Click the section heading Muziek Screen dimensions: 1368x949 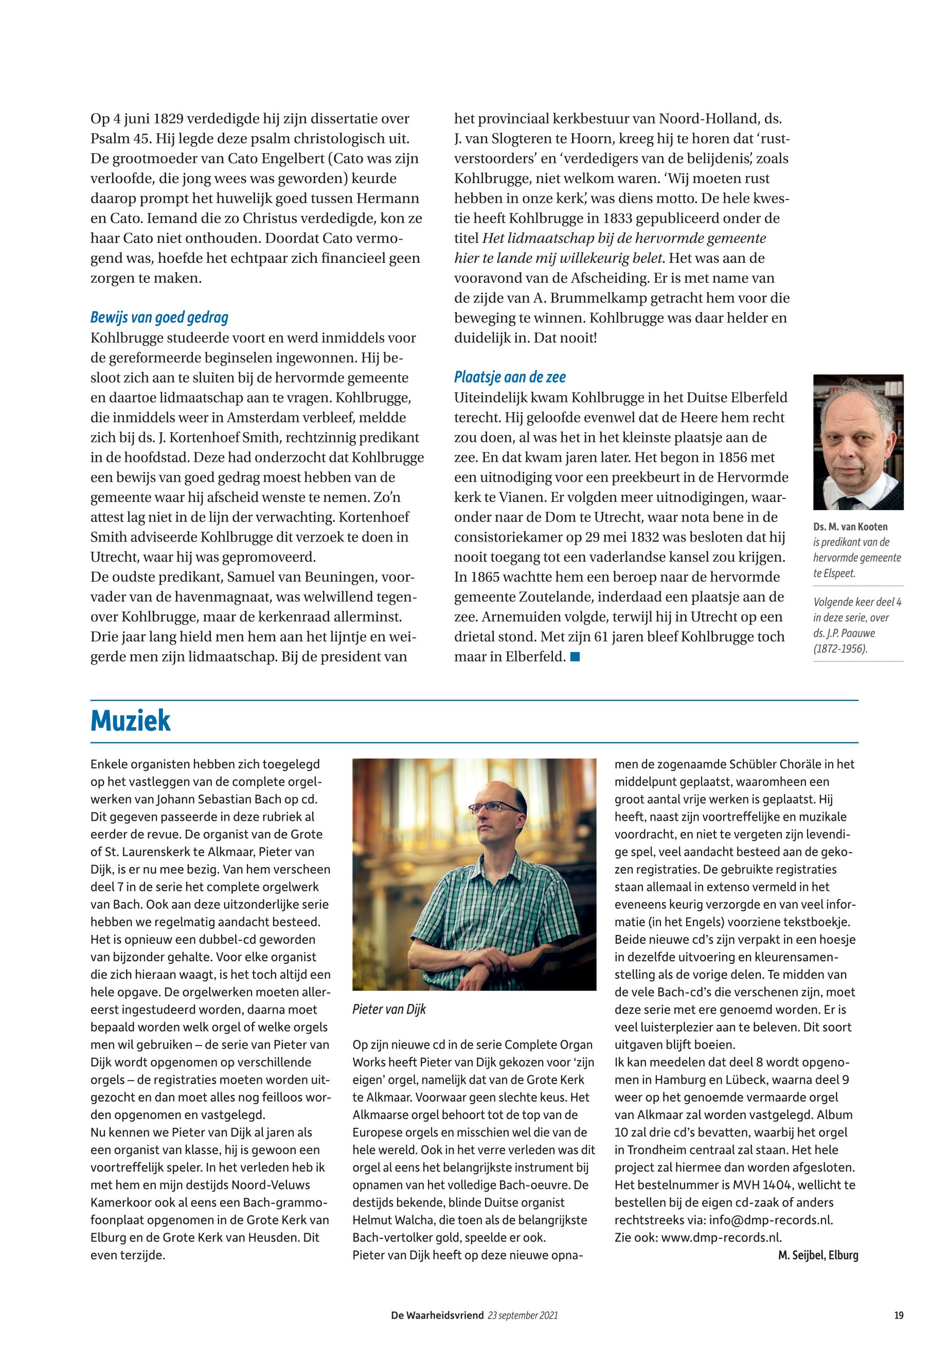[x=130, y=721]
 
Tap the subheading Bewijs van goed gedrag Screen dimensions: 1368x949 [x=159, y=317]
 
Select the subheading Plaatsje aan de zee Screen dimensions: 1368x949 [x=510, y=377]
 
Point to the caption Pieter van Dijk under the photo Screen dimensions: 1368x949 [x=389, y=1009]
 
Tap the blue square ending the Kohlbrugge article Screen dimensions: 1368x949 [x=575, y=657]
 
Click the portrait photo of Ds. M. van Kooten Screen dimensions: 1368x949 [x=858, y=442]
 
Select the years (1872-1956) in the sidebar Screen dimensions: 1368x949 [x=840, y=649]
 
